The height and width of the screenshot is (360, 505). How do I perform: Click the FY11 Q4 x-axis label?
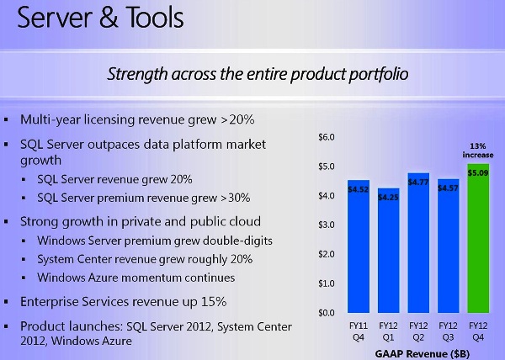point(359,328)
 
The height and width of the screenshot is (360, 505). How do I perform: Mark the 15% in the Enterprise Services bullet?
point(215,300)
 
